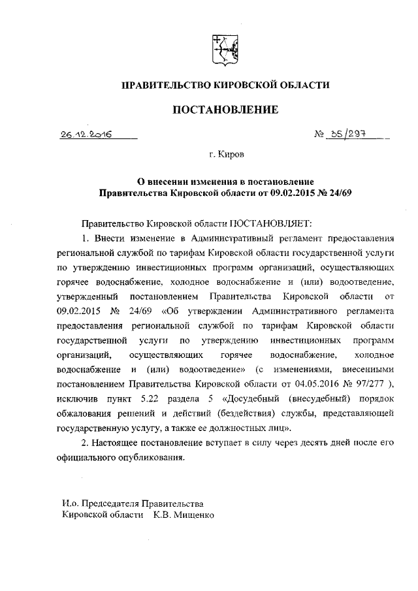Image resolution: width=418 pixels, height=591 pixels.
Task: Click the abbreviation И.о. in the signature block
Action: [x=71, y=503]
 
